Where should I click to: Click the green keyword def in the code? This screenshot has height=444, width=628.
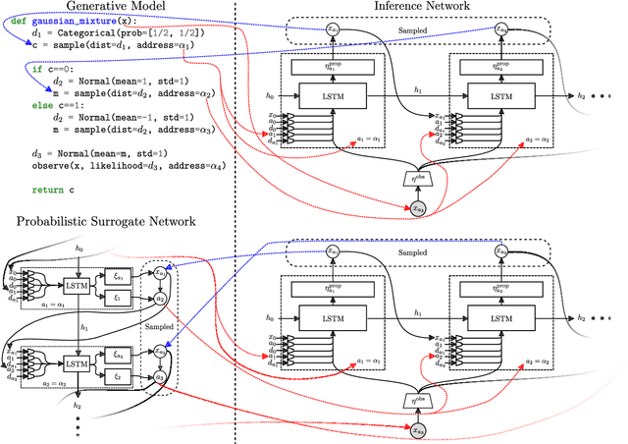[19, 22]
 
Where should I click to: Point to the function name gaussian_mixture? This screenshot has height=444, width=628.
[69, 22]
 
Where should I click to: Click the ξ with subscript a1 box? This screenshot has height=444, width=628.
[118, 277]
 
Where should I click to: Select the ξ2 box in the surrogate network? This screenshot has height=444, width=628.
[118, 378]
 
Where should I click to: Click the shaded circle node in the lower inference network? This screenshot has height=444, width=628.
[418, 430]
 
